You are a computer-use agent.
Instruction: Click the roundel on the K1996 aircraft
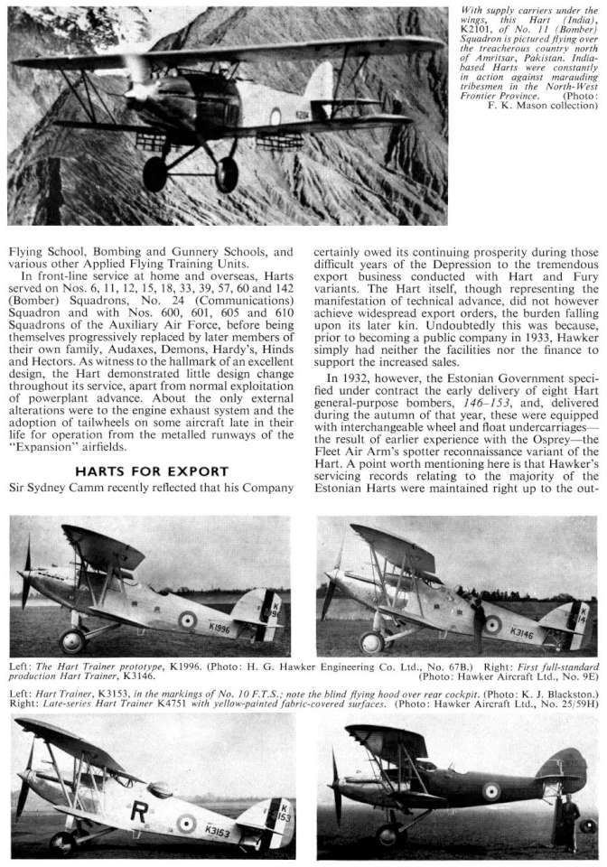187,620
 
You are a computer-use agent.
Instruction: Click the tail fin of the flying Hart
320,89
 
